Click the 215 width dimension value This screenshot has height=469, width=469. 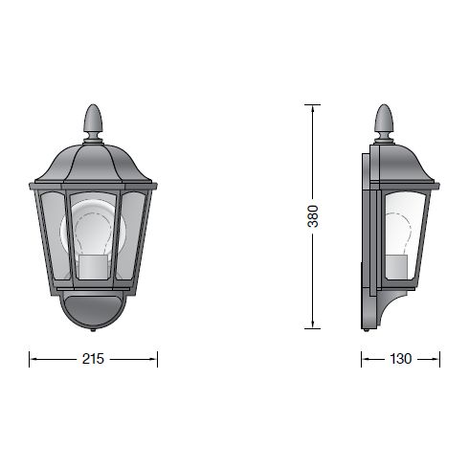point(94,359)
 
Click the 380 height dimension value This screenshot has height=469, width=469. point(312,216)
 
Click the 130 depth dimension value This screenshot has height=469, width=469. point(400,359)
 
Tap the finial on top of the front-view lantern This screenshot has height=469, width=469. point(93,121)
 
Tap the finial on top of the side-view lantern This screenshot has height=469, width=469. point(384,121)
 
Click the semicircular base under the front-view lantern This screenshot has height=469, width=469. point(93,310)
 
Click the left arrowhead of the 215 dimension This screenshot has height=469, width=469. point(33,359)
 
